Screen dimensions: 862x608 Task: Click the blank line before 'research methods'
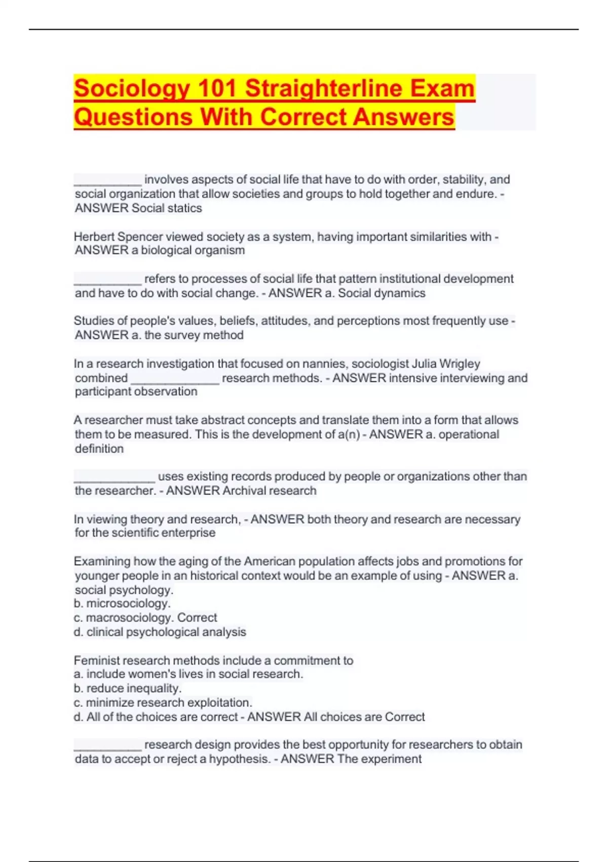click(175, 380)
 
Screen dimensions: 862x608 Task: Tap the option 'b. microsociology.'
click(122, 603)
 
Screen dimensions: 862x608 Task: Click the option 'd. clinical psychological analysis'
click(160, 632)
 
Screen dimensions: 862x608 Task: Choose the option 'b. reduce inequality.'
click(128, 688)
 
